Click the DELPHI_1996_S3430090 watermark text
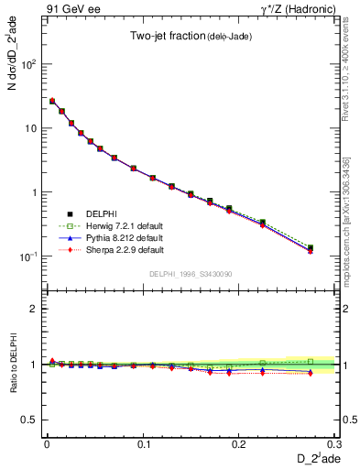190,274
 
